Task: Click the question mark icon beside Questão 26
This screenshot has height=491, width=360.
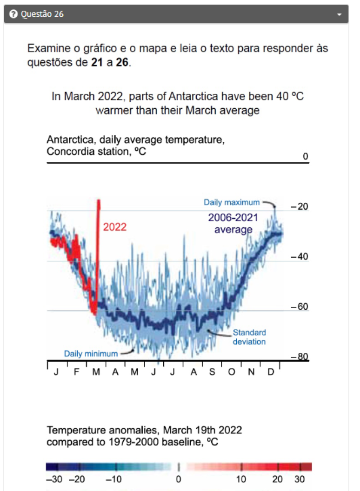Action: [13, 14]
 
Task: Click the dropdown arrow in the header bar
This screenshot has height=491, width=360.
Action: [339, 14]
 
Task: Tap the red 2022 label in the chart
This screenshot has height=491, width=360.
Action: [114, 228]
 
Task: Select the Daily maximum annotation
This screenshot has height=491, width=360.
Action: [231, 202]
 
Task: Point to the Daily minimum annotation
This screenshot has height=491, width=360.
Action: [91, 354]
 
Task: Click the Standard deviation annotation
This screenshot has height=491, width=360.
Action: [249, 337]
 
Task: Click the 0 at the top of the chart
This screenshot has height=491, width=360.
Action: [306, 157]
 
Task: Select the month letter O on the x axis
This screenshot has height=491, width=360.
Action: [231, 372]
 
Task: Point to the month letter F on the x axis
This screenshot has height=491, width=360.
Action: [76, 372]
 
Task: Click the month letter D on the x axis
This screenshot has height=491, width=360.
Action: [270, 372]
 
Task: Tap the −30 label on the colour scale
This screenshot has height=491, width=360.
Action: [54, 479]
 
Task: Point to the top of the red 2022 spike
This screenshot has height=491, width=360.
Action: [99, 201]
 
